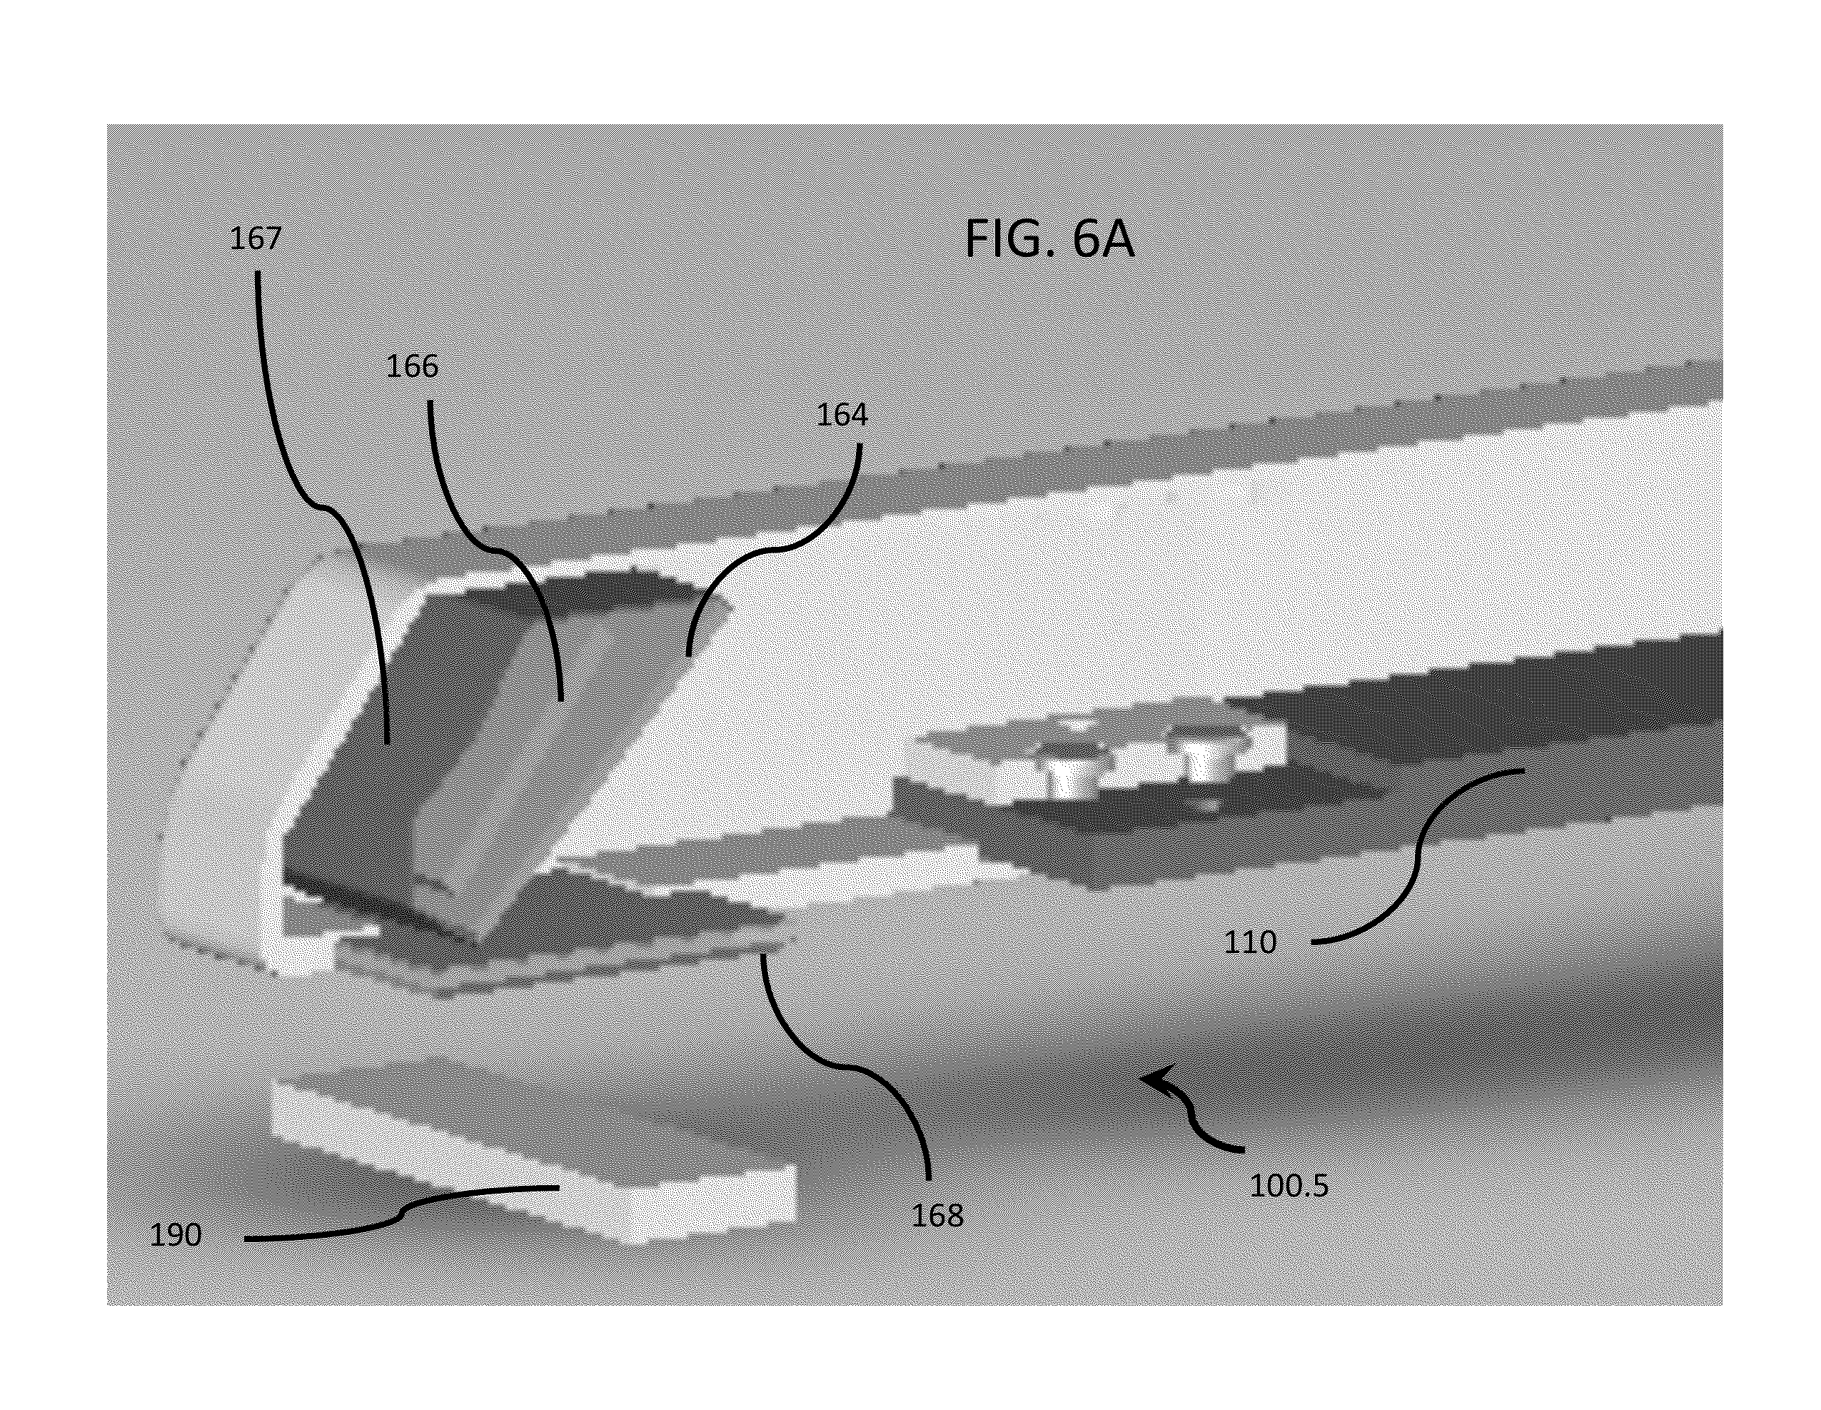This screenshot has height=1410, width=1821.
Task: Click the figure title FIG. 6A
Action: (1049, 239)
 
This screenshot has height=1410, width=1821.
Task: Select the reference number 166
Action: (412, 366)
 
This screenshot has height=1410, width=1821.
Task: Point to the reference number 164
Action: (842, 414)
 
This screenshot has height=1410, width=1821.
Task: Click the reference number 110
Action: (1250, 942)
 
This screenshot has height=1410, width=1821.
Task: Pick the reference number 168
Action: (937, 1216)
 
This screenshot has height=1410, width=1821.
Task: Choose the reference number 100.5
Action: (1288, 1185)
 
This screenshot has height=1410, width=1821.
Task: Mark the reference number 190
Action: (175, 1235)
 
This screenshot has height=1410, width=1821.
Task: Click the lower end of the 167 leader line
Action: (387, 741)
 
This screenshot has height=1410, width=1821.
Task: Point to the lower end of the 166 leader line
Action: (561, 699)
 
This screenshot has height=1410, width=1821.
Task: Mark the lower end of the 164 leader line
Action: (688, 655)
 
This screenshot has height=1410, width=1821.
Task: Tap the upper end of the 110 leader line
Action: (1524, 770)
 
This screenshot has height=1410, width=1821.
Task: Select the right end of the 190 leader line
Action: (558, 1187)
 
